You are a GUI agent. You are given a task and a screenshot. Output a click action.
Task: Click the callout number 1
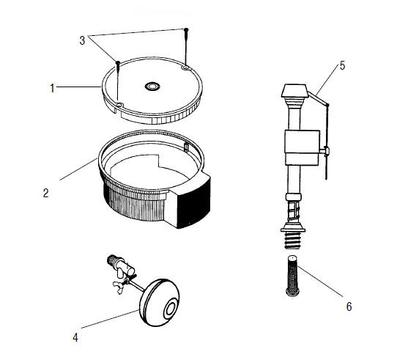coord(52,88)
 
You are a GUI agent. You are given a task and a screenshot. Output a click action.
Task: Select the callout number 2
coord(45,193)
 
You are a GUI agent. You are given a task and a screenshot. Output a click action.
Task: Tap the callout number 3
coord(82,40)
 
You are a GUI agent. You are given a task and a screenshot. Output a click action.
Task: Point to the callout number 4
coord(75,337)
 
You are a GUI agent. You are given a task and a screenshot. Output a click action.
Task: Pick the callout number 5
coord(342,66)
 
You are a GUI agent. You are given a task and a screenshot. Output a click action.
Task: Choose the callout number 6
coord(349,306)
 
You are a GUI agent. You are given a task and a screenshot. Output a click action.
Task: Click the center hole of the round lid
coord(152,87)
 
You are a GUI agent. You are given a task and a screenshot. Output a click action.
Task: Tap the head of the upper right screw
coord(186,29)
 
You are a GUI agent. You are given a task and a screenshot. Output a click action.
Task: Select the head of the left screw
coord(117,62)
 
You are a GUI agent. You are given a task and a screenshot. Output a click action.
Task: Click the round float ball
coord(159,303)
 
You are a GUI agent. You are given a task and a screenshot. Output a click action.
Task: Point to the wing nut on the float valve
coord(119,287)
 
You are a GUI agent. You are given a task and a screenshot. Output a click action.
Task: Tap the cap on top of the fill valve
coord(294,90)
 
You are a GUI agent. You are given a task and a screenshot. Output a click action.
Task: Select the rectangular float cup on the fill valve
coord(302,147)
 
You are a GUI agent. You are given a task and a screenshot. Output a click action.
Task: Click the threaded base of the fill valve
coord(293,240)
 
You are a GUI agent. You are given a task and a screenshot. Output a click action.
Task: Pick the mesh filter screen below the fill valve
coord(293,276)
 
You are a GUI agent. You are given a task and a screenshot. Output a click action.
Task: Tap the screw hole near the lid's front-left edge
coord(119,104)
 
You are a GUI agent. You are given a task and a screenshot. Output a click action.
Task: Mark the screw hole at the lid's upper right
coord(185,67)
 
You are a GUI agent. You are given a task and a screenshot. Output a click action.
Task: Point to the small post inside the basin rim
coord(186,147)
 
